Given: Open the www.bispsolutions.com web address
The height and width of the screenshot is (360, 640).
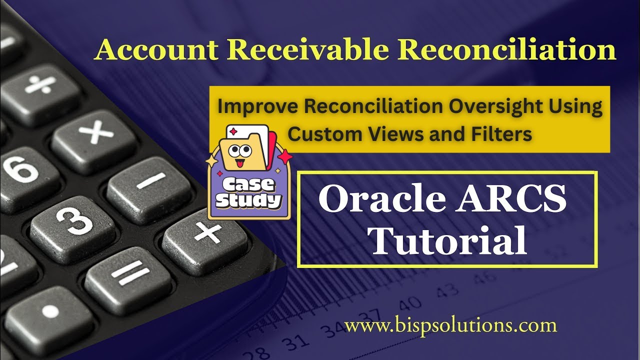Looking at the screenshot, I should (x=450, y=326).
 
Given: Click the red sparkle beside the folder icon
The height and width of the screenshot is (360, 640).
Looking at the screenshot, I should (x=285, y=157).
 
